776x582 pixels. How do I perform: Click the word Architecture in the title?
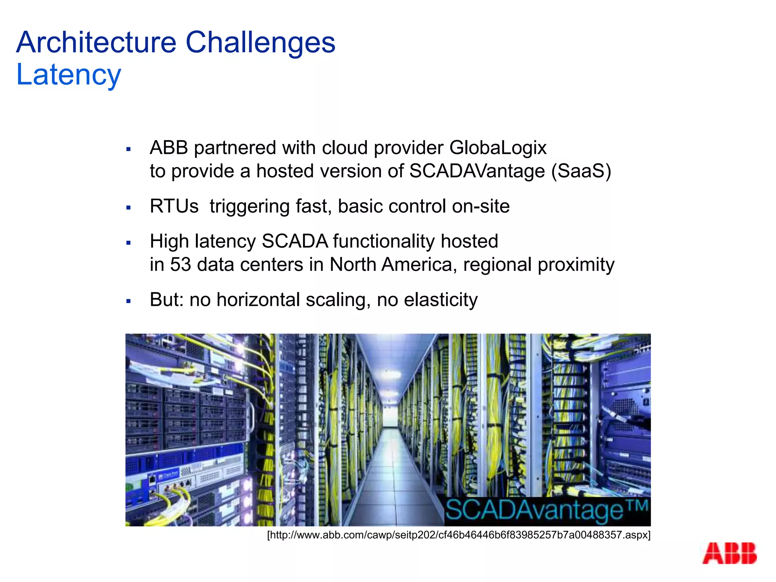pyautogui.click(x=96, y=42)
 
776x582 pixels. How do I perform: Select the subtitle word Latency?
pyautogui.click(x=69, y=75)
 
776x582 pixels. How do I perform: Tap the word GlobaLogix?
pyautogui.click(x=498, y=148)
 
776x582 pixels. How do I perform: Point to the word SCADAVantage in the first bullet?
pyautogui.click(x=477, y=171)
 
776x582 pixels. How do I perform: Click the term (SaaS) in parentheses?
pyautogui.click(x=581, y=171)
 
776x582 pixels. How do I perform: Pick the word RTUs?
pyautogui.click(x=174, y=207)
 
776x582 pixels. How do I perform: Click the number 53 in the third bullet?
pyautogui.click(x=180, y=264)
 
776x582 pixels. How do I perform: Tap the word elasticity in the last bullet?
pyautogui.click(x=441, y=300)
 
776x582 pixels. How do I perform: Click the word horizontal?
pyautogui.click(x=258, y=300)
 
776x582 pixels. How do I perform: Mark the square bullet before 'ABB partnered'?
pyautogui.click(x=128, y=149)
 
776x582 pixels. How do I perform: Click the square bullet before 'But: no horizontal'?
pyautogui.click(x=128, y=302)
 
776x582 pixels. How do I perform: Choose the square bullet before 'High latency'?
pyautogui.click(x=128, y=243)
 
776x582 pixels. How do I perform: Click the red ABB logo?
pyautogui.click(x=729, y=554)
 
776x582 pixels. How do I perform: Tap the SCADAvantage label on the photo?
pyautogui.click(x=547, y=511)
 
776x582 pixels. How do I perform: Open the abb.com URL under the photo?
pyautogui.click(x=459, y=535)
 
